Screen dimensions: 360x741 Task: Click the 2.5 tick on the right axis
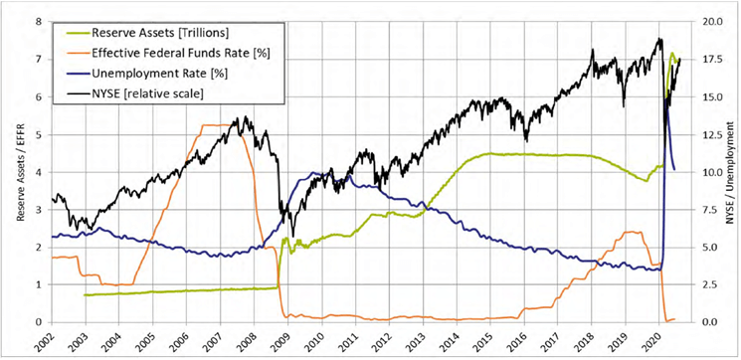click(x=710, y=284)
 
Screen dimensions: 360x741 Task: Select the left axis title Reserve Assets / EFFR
click(x=13, y=171)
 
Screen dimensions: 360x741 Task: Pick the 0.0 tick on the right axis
click(x=710, y=322)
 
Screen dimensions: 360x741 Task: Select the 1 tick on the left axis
click(x=38, y=284)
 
